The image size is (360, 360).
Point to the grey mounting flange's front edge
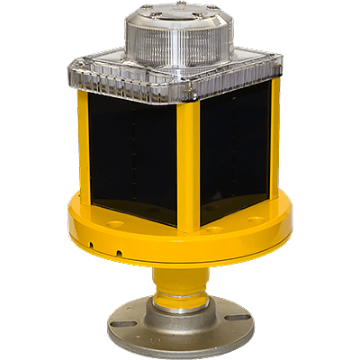[x=180, y=346]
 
